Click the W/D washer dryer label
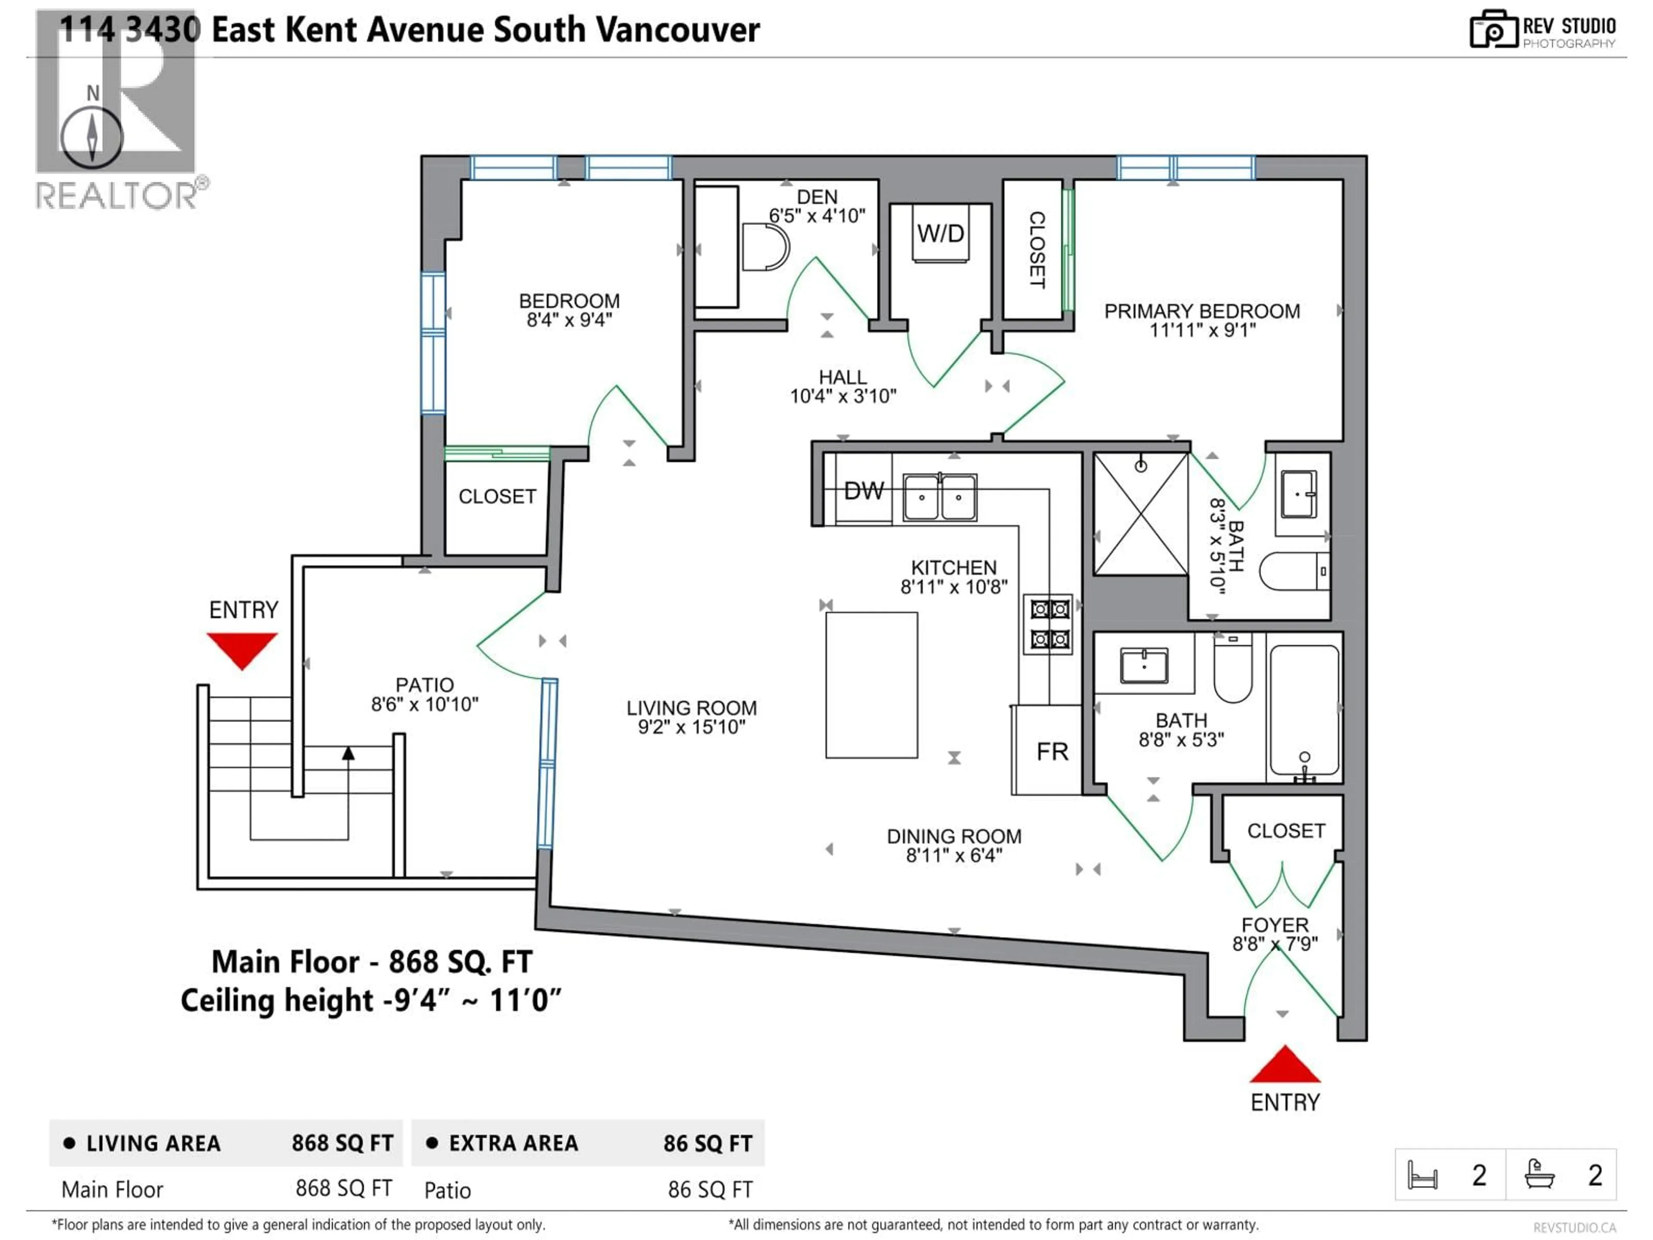point(940,234)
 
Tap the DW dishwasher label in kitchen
point(864,491)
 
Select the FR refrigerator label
point(1052,751)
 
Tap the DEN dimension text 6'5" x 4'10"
point(817,216)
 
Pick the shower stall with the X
point(1140,514)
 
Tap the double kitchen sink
point(939,497)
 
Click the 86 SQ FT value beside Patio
point(710,1190)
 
